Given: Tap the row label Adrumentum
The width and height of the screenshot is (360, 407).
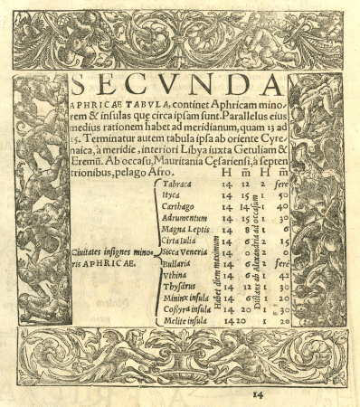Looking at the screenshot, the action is (x=188, y=218).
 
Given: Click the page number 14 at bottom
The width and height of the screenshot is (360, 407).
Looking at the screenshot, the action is (x=257, y=394).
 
